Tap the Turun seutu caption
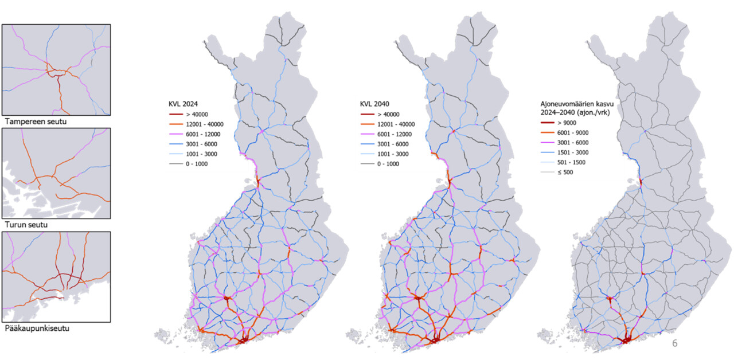pos(25,225)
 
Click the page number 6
pos(674,343)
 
